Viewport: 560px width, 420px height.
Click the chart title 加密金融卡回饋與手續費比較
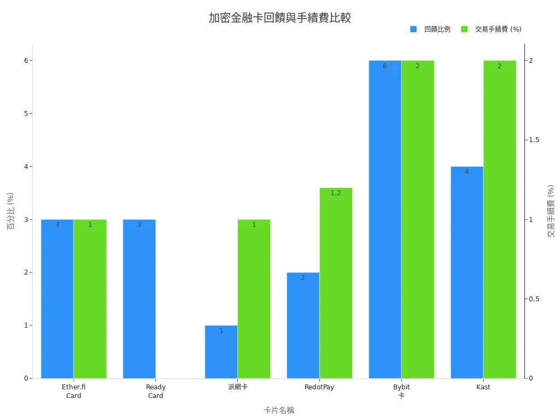tap(279, 17)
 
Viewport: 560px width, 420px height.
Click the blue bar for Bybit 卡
tap(385, 219)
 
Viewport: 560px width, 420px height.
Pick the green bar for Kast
tap(499, 219)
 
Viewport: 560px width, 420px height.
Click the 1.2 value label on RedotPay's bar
tap(336, 193)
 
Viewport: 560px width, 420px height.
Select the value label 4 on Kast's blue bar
tap(466, 172)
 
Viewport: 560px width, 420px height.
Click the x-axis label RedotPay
tap(319, 387)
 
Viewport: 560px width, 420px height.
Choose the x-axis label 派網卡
tap(237, 387)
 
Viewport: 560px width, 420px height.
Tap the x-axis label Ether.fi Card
tap(73, 392)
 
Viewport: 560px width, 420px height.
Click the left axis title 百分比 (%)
tap(10, 211)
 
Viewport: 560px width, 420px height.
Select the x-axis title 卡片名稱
tap(278, 410)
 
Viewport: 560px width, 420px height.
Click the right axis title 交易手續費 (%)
tap(551, 211)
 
